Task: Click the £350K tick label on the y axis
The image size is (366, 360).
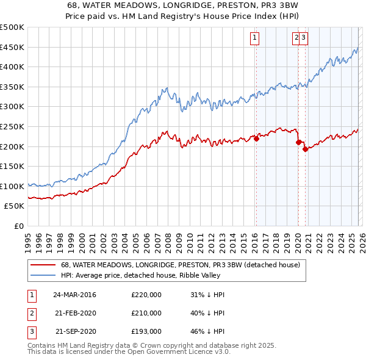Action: coord(12,87)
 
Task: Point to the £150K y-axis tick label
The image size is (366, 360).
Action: coord(12,167)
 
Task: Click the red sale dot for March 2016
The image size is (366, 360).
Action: coord(256,139)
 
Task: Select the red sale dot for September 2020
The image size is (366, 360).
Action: coord(305,149)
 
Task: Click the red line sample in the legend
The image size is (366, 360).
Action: coord(42,265)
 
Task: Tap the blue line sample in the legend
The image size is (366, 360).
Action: coord(42,276)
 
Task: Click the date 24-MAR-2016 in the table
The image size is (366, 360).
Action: coord(74,295)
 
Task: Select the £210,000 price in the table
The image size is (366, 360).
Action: coord(146,313)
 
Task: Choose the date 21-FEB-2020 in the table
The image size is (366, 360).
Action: coord(74,313)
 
